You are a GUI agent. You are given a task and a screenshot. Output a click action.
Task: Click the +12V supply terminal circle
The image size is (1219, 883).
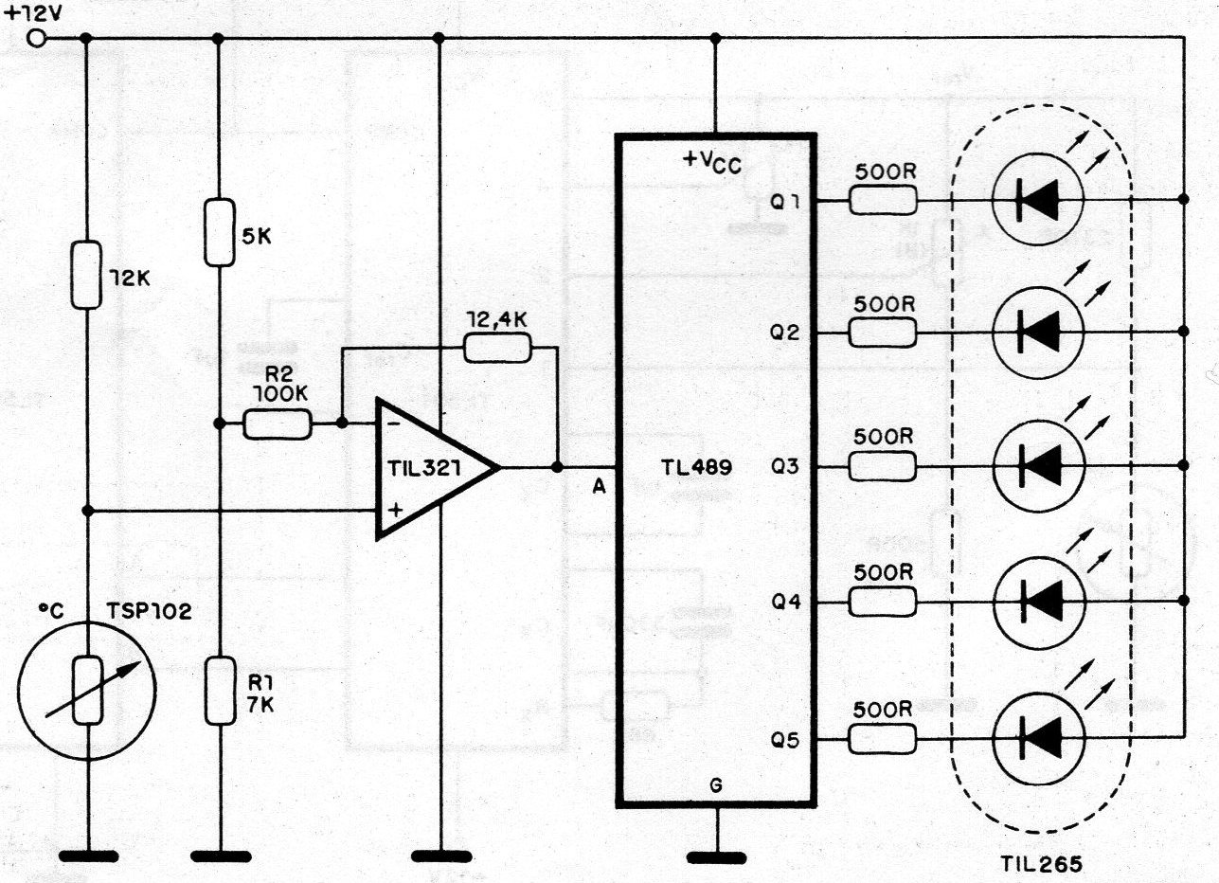pos(36,39)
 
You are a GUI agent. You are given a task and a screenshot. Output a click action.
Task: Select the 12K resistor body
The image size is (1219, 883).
pos(86,275)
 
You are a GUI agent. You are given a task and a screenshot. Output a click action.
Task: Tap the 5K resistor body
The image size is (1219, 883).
pos(220,232)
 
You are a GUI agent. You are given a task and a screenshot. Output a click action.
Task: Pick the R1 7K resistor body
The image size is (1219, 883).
pos(221,691)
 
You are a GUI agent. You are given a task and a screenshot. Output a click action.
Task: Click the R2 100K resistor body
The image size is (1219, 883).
pos(278,424)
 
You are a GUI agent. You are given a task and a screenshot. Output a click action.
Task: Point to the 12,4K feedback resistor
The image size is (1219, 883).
pos(497,348)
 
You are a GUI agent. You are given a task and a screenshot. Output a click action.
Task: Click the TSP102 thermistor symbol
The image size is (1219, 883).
pos(87,691)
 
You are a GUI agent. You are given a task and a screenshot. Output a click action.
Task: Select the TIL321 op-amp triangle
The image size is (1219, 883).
pos(437,468)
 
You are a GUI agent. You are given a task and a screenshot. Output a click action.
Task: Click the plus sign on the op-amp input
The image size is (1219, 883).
pos(396,510)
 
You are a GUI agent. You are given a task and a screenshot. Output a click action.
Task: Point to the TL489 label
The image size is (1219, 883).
pos(696,467)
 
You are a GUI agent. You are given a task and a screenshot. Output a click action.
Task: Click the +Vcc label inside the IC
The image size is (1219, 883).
pos(712,162)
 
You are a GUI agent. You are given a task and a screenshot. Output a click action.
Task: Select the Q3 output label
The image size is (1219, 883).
pos(785,466)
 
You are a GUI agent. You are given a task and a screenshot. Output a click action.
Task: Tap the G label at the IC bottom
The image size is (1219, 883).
pos(717,785)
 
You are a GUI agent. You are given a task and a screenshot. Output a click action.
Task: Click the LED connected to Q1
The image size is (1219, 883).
pos(1038,200)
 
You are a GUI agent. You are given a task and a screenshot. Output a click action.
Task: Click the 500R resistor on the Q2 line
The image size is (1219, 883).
pos(882,333)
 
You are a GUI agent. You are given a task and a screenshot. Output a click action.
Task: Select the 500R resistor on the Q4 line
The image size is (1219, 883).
pos(882,602)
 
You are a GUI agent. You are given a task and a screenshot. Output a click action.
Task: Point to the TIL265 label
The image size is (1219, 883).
pos(1042,863)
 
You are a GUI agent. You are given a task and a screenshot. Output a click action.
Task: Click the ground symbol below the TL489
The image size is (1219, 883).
pos(716,858)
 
